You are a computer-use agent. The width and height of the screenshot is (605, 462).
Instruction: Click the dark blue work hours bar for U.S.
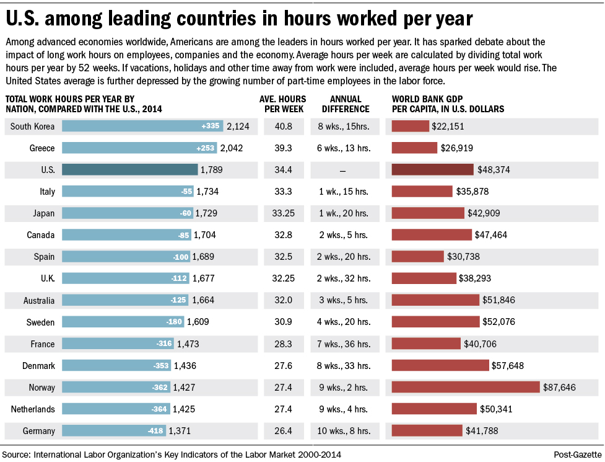[130, 170]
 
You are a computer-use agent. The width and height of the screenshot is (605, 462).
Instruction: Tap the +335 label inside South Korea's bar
[211, 127]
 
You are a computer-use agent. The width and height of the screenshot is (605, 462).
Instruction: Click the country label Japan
[43, 213]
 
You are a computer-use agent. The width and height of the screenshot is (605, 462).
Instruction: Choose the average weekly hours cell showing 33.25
[284, 213]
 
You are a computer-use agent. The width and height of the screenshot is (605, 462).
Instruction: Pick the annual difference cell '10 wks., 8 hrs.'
[342, 431]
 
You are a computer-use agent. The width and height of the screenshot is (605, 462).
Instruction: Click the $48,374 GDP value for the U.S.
[498, 170]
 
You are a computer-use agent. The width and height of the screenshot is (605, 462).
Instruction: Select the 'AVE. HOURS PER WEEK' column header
[284, 104]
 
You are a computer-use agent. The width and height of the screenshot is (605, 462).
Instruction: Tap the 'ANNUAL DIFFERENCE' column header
[342, 104]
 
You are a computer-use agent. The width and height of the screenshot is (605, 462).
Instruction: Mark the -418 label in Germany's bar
[155, 431]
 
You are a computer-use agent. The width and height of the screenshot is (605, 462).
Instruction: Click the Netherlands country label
[33, 409]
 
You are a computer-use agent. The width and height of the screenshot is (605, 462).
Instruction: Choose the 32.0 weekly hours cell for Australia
[284, 301]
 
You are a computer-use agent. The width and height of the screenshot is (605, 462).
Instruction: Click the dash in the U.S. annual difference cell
[342, 170]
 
